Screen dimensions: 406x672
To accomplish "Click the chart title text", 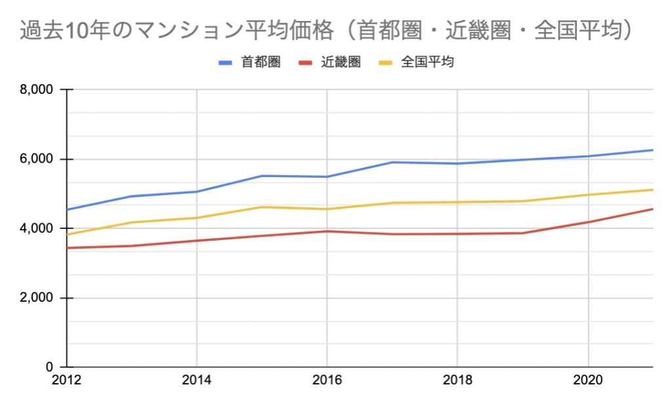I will [x=326, y=31].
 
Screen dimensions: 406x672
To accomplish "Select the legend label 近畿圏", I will [x=341, y=63].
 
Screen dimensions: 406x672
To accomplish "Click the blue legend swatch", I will [x=226, y=63].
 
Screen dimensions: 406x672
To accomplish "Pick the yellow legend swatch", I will [x=387, y=63].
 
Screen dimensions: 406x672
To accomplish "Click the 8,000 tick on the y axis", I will [x=37, y=90].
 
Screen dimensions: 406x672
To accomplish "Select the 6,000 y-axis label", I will [x=37, y=159].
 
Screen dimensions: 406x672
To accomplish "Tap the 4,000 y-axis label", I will [x=37, y=229].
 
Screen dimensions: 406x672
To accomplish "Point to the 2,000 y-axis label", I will [x=37, y=298].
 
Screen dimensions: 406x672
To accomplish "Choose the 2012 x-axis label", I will [x=67, y=381].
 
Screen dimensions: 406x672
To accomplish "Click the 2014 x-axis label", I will [x=197, y=381].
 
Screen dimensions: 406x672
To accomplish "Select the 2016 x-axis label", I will [x=327, y=381].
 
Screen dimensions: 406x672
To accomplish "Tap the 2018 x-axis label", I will [x=457, y=381].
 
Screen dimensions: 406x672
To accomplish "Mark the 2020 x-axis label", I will [x=588, y=381].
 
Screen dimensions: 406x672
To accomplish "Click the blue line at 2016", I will [x=327, y=176].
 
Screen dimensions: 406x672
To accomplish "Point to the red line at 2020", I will [x=588, y=222].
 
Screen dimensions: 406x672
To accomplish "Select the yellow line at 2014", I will [x=197, y=218].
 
